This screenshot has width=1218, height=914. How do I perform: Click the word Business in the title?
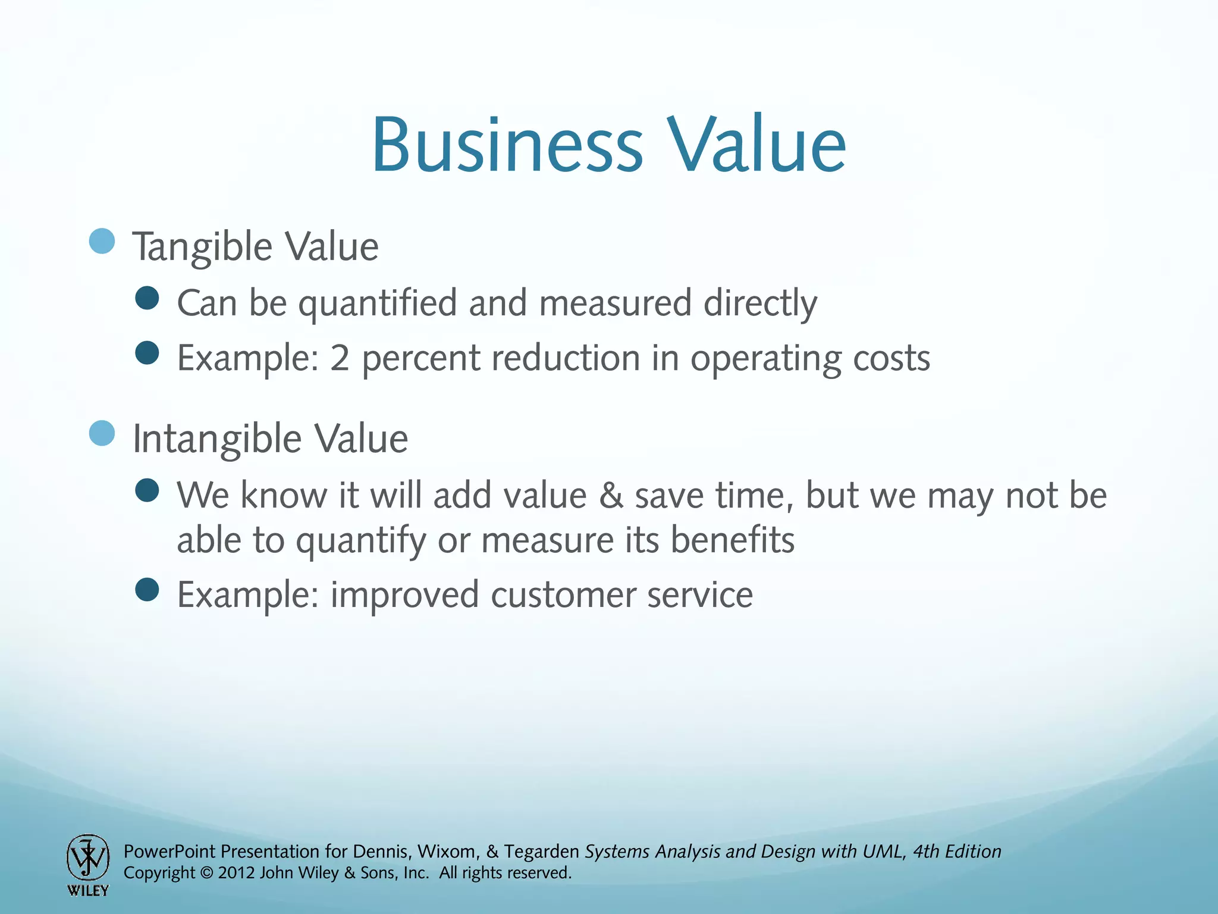click(507, 146)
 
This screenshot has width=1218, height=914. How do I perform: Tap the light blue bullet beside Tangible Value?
click(102, 242)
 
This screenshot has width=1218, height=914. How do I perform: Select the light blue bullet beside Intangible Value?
click(102, 433)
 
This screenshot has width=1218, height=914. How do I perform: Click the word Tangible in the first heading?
click(202, 247)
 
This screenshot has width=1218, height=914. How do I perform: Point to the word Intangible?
click(218, 439)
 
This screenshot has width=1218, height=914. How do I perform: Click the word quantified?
click(377, 303)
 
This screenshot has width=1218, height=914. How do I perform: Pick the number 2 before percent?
click(340, 358)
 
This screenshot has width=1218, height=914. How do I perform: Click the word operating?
click(765, 359)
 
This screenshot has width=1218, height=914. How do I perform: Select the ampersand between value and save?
click(611, 496)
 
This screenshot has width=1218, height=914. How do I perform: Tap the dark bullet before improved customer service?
click(147, 590)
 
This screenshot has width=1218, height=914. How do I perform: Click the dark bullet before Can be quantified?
click(147, 298)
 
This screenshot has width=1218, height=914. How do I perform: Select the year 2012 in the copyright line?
click(237, 874)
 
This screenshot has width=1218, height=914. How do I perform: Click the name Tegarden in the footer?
click(541, 852)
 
